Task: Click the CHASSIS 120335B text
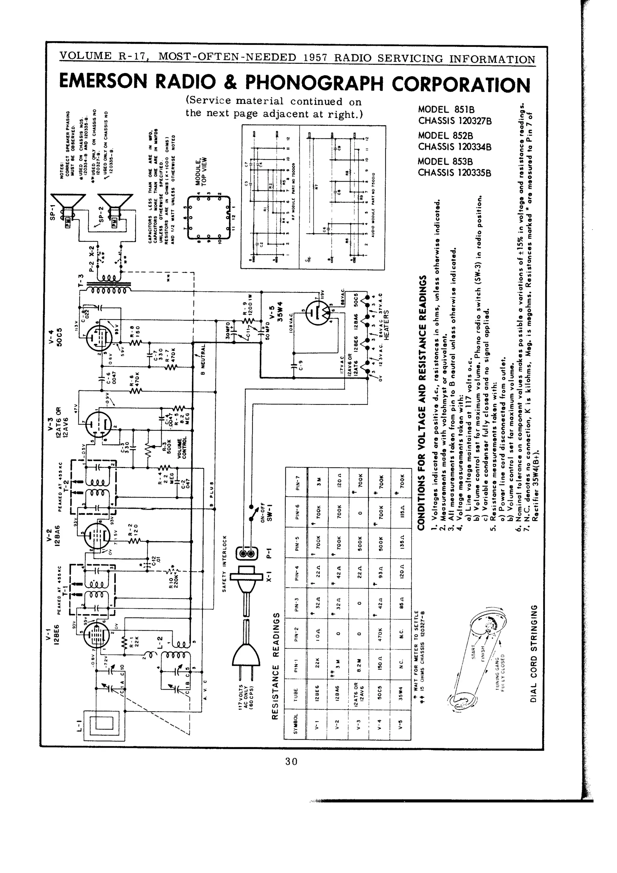[455, 173]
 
